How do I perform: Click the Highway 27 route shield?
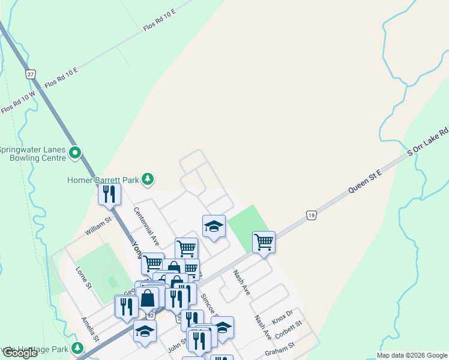coord(31,74)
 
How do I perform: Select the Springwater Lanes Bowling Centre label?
coord(33,154)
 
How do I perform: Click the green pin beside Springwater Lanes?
coord(75,154)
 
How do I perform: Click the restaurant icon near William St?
coord(109,194)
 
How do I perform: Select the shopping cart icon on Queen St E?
coord(264,242)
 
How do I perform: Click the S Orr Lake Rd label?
coord(428,142)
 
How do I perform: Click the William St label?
coord(98,225)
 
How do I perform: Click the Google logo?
coord(20,353)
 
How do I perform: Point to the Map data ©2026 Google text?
coord(412,355)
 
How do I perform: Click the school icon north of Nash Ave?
coord(214,226)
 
